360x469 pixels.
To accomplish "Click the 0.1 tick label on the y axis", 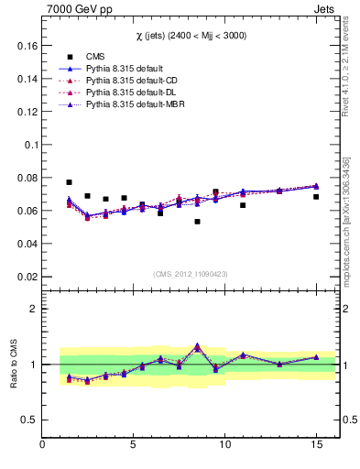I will point(28,145).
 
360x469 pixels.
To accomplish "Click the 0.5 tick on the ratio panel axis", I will point(28,420).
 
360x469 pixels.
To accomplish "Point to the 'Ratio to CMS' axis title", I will point(13,365).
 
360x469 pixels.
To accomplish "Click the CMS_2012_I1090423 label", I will point(191,273).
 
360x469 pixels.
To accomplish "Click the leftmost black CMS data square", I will point(69,182).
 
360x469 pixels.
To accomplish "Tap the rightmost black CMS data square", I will point(316,197).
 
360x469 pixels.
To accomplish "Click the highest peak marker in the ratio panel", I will point(197,346).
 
